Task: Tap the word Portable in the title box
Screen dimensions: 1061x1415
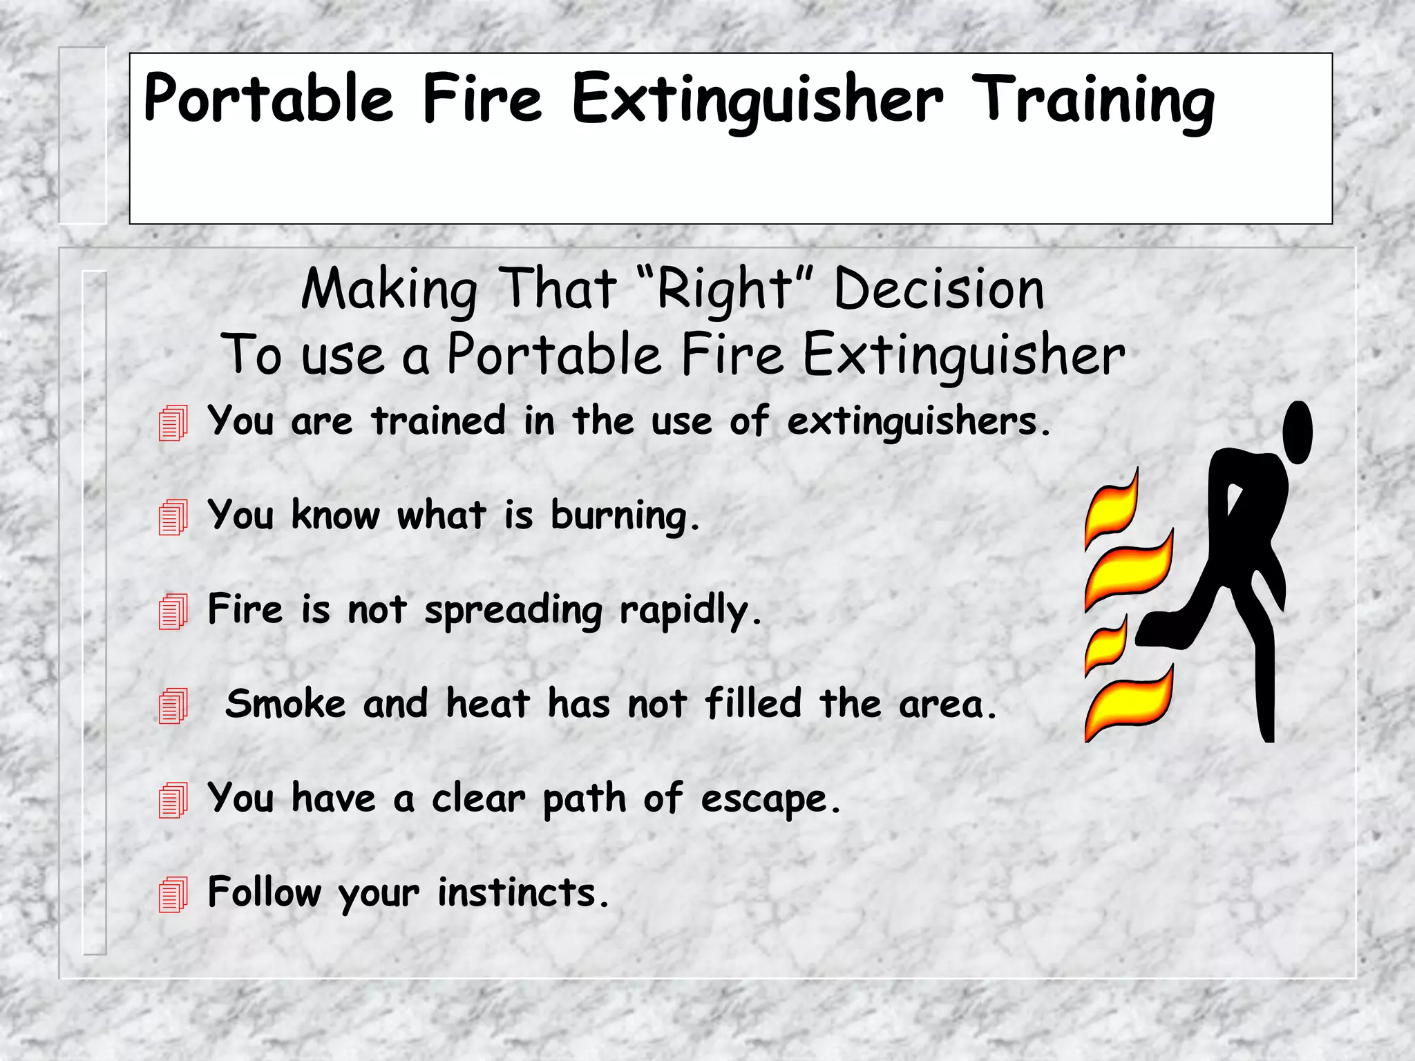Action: click(x=268, y=99)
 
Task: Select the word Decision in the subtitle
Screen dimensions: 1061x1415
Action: click(x=939, y=289)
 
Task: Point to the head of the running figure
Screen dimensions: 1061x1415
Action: click(x=1297, y=432)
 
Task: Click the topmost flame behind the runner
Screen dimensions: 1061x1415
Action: click(x=1111, y=509)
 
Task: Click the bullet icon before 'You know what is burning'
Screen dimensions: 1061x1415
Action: click(x=173, y=517)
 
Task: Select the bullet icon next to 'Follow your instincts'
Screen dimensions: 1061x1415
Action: click(x=173, y=895)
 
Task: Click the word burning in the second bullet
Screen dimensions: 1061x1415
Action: click(x=625, y=517)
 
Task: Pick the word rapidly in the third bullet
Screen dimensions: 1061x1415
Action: click(x=690, y=611)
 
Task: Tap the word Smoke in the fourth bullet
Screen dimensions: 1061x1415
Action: click(x=285, y=704)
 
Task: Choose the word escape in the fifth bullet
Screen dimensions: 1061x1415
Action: click(x=770, y=800)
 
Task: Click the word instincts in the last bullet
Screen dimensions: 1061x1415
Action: click(x=523, y=892)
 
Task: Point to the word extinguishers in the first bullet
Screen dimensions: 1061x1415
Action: click(x=918, y=421)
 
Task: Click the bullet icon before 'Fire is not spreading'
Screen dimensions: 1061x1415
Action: click(x=173, y=611)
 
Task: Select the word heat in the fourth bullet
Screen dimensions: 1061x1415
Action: click(x=488, y=704)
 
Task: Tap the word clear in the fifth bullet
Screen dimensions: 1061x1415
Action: click(x=478, y=799)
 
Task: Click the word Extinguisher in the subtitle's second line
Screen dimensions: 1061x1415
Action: click(x=964, y=355)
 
